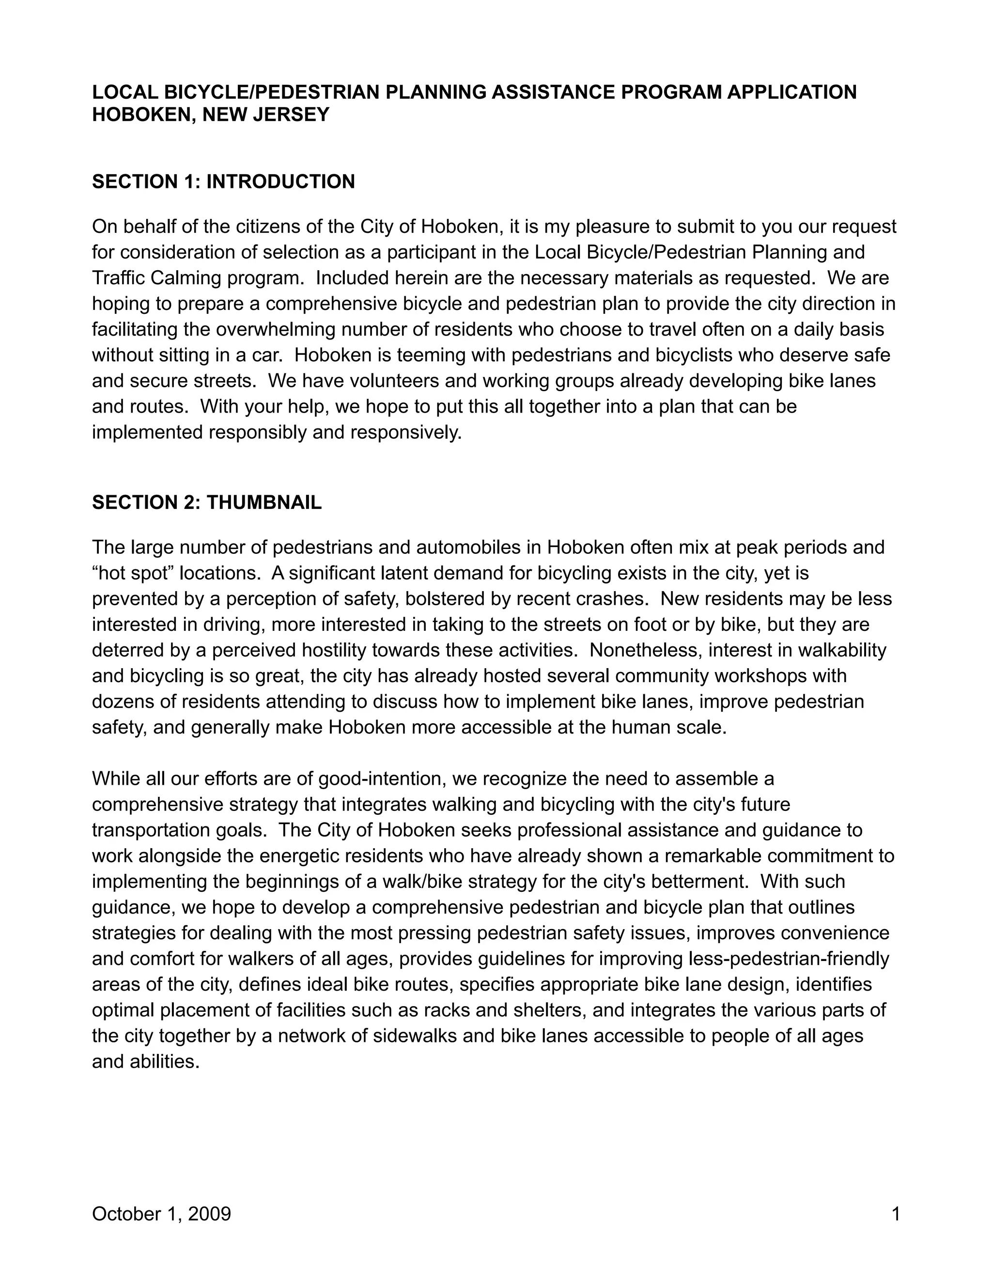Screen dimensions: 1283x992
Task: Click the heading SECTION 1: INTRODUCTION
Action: click(x=223, y=182)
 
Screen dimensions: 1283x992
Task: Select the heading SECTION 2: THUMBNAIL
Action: click(x=207, y=502)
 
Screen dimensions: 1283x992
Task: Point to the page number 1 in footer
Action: click(x=896, y=1214)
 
